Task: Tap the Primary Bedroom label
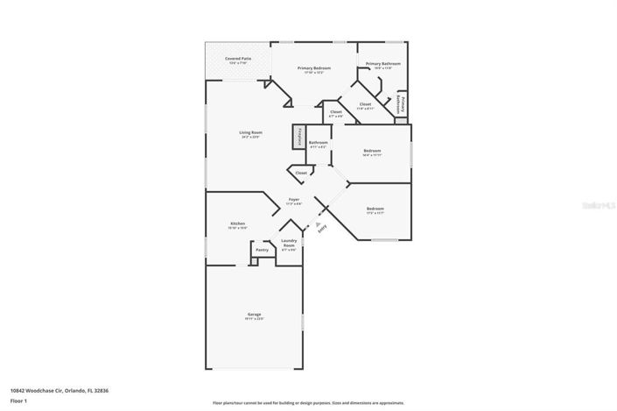coord(313,68)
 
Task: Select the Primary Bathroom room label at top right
coord(383,64)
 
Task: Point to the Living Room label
coord(251,133)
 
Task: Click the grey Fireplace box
coord(299,137)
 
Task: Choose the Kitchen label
coord(238,224)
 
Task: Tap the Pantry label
coord(262,250)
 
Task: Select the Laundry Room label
coord(289,243)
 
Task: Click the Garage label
coord(254,315)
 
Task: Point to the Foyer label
coord(294,201)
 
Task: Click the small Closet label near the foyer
coord(300,174)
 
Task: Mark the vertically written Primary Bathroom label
coord(402,103)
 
